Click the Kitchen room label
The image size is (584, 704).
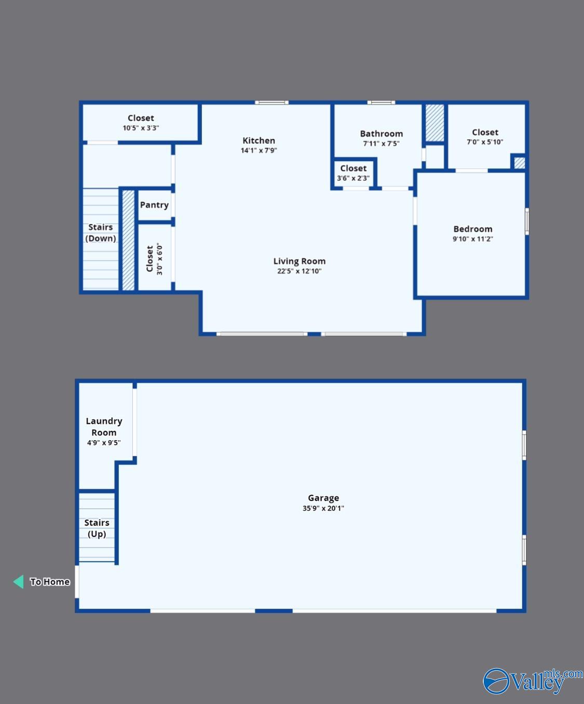coord(259,140)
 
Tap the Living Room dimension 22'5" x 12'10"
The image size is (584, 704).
coord(299,271)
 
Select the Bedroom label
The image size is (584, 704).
coord(472,229)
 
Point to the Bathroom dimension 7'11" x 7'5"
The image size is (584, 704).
coord(381,144)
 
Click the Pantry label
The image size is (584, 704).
coord(154,205)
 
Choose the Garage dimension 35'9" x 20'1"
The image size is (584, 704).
coord(323,508)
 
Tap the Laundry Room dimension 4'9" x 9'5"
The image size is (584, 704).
coord(104,443)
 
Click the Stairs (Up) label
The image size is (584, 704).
coord(97,528)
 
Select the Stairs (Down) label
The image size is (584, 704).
coord(101,233)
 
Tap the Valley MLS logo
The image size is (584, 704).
coord(533,681)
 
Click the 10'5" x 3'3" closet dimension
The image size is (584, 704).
coord(141,128)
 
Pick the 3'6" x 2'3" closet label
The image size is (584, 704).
coord(353,168)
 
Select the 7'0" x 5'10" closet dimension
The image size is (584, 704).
coord(485,142)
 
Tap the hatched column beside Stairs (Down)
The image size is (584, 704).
coord(128,240)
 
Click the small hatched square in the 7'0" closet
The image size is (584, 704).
coord(520,163)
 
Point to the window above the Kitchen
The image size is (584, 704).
coord(271,103)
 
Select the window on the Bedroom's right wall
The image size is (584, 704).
coord(526,221)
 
